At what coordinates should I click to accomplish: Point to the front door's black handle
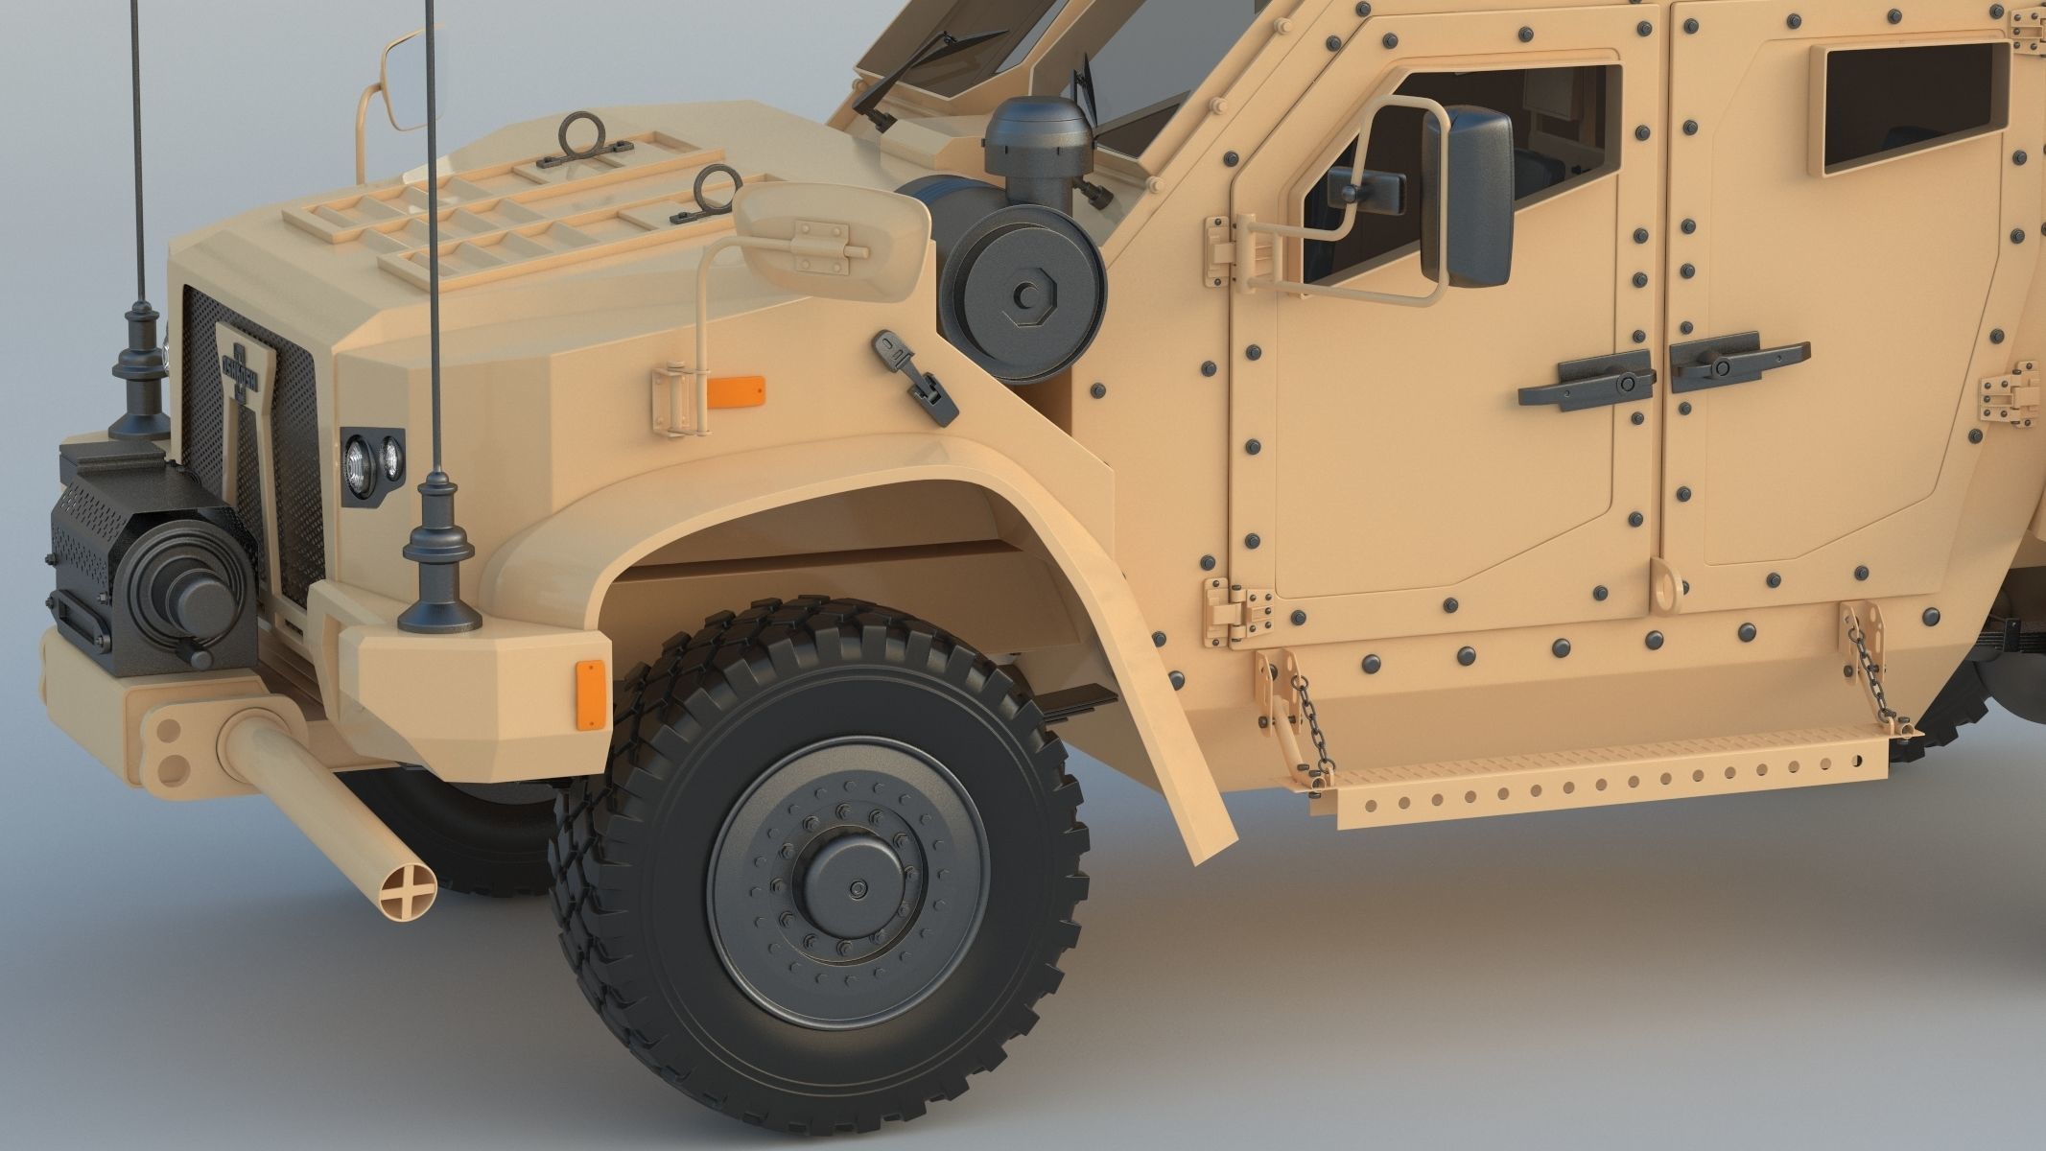tap(1587, 382)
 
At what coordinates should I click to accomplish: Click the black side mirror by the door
tap(1467, 198)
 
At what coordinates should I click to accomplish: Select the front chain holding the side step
tap(1309, 720)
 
